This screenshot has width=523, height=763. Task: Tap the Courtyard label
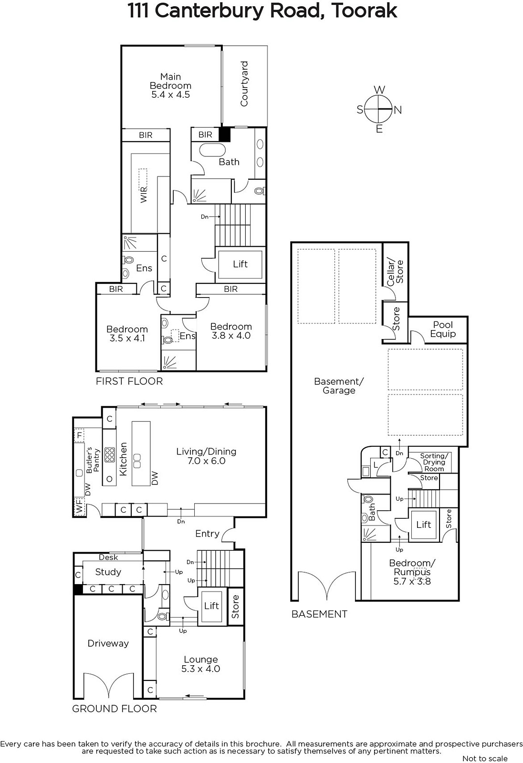244,84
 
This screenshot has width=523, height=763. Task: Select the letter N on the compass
398,110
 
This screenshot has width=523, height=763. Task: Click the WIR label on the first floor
144,195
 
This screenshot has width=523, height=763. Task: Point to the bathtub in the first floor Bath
212,150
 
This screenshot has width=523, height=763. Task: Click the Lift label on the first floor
241,264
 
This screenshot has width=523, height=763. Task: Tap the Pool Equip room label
443,330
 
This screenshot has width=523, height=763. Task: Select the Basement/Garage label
339,386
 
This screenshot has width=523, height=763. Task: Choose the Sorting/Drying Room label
434,462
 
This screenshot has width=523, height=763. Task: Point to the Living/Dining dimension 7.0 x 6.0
206,461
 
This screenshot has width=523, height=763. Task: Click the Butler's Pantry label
93,460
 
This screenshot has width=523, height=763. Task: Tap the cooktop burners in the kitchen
109,455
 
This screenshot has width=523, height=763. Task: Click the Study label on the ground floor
108,572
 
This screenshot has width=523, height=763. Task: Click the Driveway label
108,643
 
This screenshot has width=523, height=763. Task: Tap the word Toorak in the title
364,10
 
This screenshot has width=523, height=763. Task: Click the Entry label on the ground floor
207,534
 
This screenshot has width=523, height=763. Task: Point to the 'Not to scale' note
485,758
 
